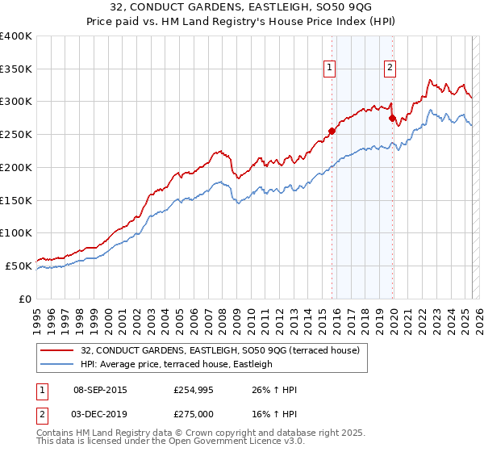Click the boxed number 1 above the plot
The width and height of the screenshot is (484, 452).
click(x=331, y=69)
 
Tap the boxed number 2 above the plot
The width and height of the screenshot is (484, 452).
click(x=390, y=69)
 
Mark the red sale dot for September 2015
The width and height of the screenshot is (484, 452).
click(x=332, y=130)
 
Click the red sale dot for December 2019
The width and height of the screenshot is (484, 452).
click(x=393, y=118)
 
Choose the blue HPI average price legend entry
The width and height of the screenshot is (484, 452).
click(x=177, y=364)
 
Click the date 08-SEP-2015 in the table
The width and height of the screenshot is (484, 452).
click(x=100, y=390)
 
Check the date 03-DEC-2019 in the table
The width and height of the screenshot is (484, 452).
click(x=100, y=412)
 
